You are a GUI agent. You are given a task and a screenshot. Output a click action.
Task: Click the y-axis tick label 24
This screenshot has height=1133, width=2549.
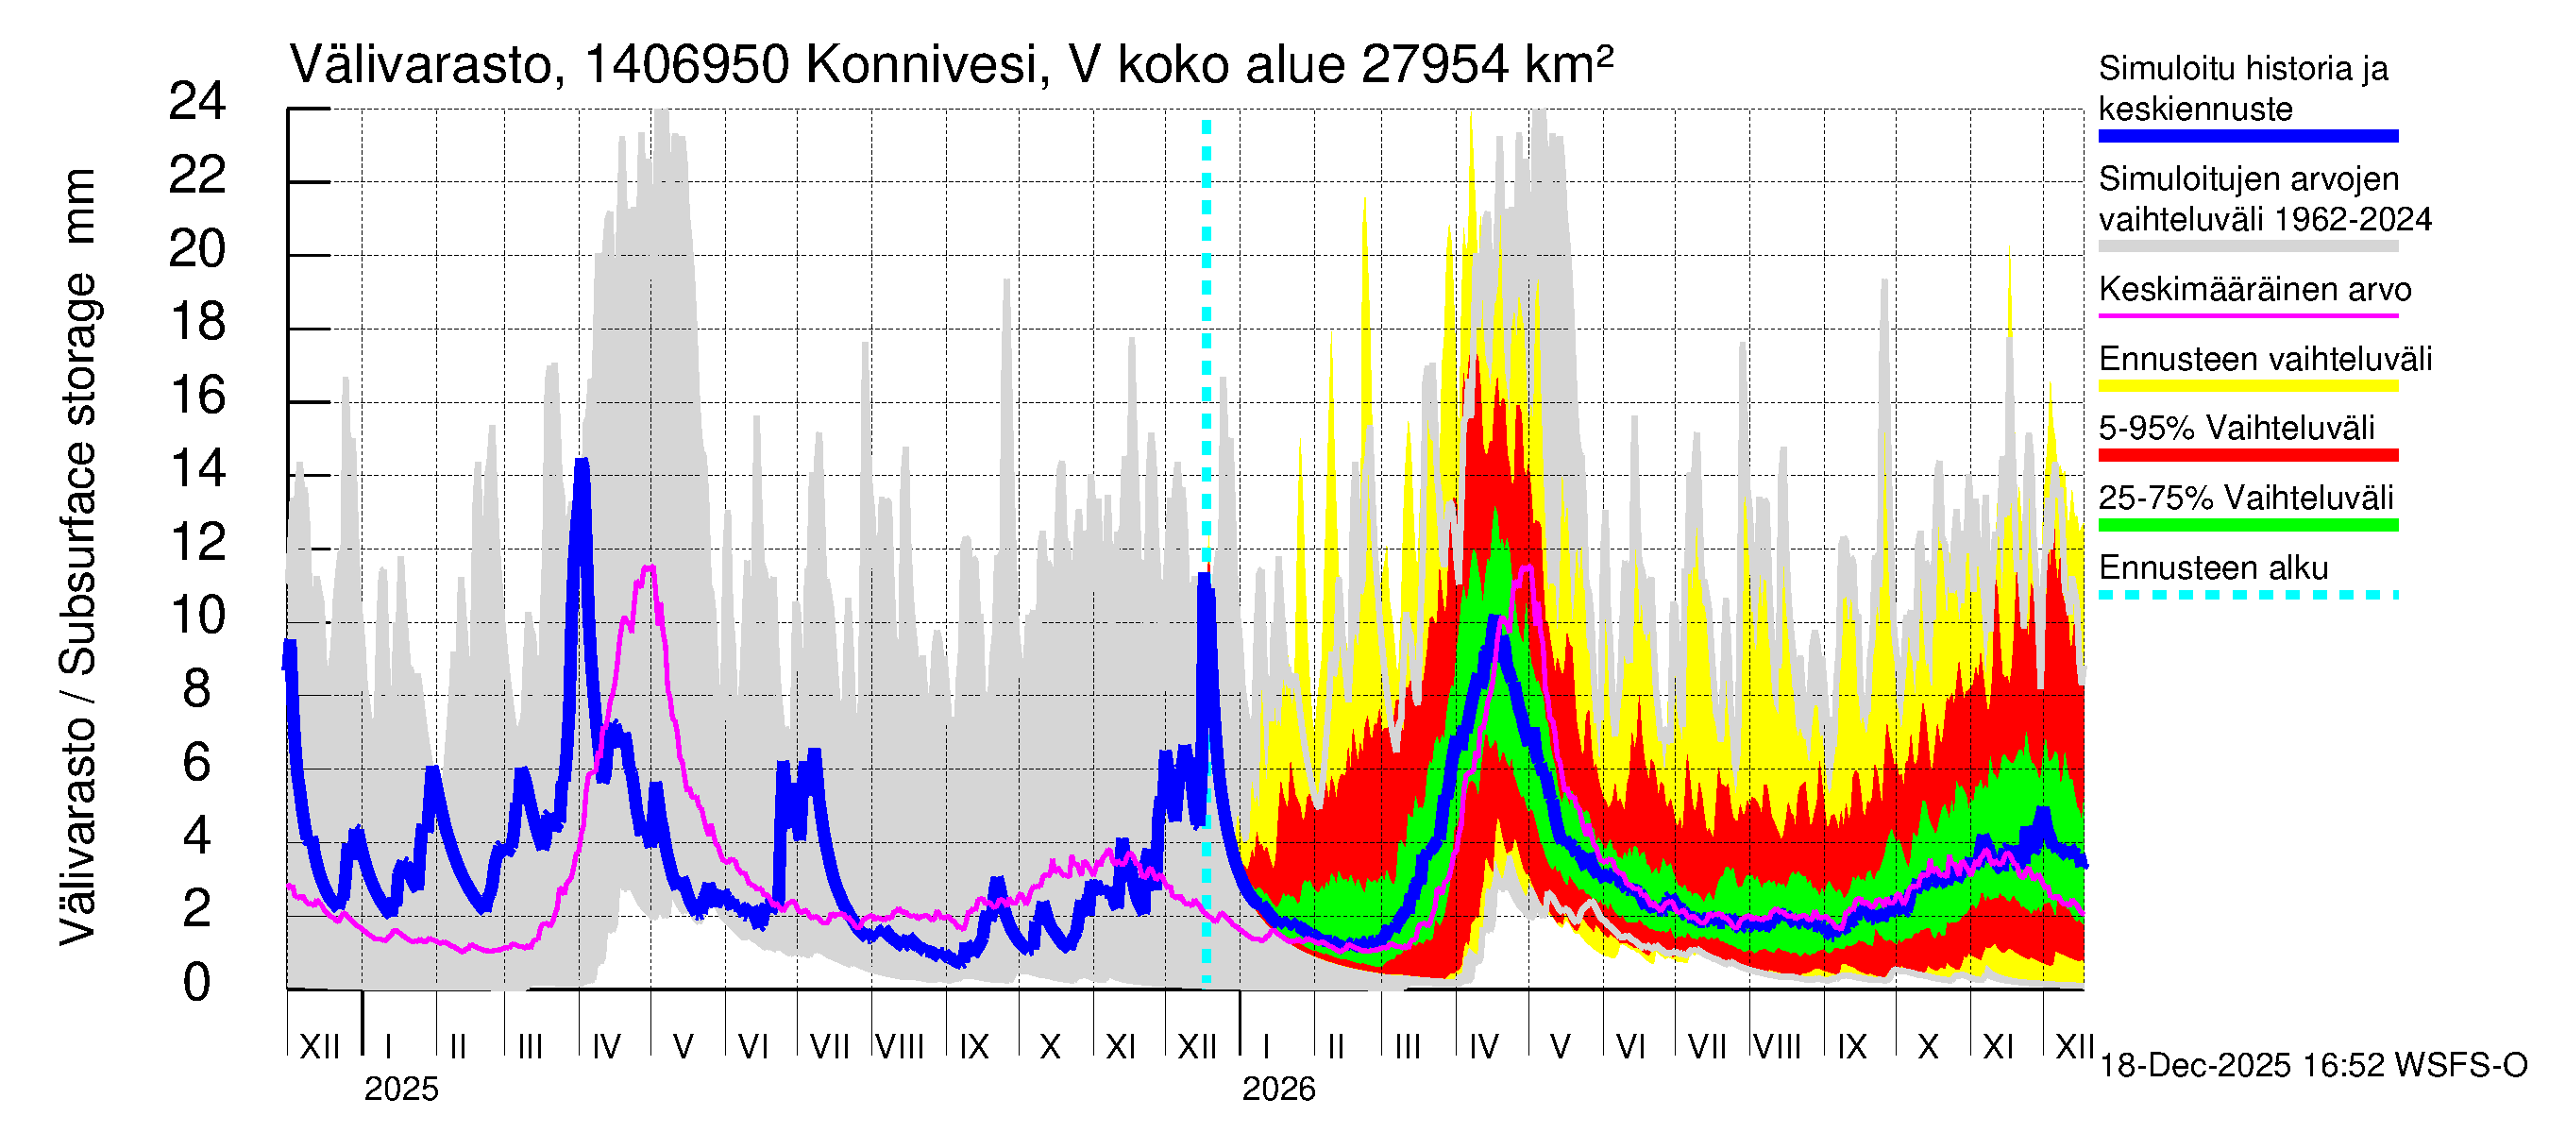pos(197,102)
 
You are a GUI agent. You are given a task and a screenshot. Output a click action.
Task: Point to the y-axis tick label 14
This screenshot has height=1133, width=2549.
pos(197,469)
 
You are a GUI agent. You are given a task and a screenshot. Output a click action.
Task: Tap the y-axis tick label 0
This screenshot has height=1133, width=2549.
pos(197,983)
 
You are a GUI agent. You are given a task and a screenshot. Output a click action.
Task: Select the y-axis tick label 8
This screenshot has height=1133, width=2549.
pos(197,688)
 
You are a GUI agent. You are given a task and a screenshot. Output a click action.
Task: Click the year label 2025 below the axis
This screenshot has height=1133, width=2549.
pos(400,1090)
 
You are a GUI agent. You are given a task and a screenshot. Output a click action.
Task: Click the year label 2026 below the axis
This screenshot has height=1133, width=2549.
pos(1278,1090)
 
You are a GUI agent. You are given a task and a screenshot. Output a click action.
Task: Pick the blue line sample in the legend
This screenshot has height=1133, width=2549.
pos(2247,137)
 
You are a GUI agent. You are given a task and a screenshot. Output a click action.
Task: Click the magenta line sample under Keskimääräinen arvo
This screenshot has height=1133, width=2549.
pos(2247,315)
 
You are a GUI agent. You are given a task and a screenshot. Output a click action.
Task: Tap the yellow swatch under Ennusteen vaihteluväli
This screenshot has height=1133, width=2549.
pos(2247,386)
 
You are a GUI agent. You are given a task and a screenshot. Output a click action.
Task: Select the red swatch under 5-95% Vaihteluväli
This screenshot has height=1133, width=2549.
pos(2247,455)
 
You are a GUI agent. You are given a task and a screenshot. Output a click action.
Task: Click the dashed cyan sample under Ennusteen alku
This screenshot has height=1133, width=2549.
pos(2247,596)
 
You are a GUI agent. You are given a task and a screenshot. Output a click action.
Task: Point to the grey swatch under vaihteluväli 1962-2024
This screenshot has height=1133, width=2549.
pos(2247,246)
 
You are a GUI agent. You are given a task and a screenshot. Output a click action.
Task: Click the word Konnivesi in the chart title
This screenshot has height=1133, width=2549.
pos(920,65)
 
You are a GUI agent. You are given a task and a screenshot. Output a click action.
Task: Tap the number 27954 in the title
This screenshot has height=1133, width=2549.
pos(1435,65)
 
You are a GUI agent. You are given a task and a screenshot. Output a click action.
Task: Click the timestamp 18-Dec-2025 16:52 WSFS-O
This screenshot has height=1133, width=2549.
pos(2312,1066)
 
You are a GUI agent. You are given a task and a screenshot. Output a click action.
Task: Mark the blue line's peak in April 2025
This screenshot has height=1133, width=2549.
pos(582,462)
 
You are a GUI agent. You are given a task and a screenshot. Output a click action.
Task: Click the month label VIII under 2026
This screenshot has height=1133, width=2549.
pos(1777,1047)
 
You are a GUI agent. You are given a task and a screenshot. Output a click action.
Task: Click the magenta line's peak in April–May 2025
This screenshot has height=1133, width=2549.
pos(650,567)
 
